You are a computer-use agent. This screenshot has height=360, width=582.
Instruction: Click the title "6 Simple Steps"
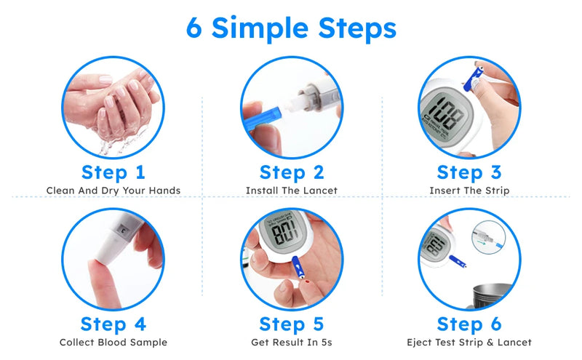tap(291, 28)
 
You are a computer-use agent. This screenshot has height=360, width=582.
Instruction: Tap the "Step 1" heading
tap(113, 172)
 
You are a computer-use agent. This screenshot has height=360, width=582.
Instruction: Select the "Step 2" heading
tap(291, 172)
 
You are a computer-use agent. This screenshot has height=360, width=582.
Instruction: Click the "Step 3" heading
tap(469, 172)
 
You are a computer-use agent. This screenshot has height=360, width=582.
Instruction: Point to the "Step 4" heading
tap(113, 324)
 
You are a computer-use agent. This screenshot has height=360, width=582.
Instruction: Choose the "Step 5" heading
tap(291, 324)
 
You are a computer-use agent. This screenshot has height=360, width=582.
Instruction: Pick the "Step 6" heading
tap(469, 324)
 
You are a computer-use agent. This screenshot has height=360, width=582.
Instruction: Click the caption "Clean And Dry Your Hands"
tap(113, 191)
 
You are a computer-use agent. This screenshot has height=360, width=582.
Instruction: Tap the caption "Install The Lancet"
tap(291, 191)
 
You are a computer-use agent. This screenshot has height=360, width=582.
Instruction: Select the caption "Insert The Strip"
tap(469, 191)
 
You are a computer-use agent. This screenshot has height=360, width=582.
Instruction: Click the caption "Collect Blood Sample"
tap(113, 342)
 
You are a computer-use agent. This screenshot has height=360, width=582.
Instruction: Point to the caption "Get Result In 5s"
tap(291, 342)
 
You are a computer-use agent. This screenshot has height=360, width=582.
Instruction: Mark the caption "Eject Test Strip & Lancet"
tap(469, 342)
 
